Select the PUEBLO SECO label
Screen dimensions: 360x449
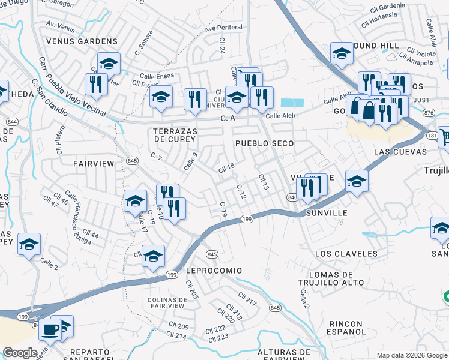coord(264,143)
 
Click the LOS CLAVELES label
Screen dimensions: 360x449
coord(345,254)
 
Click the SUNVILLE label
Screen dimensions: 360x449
coord(327,213)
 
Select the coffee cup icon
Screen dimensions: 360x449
coord(50,329)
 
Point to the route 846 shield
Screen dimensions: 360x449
coord(292,197)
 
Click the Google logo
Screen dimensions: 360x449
coord(20,353)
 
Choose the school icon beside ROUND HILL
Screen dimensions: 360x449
coord(342,53)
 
